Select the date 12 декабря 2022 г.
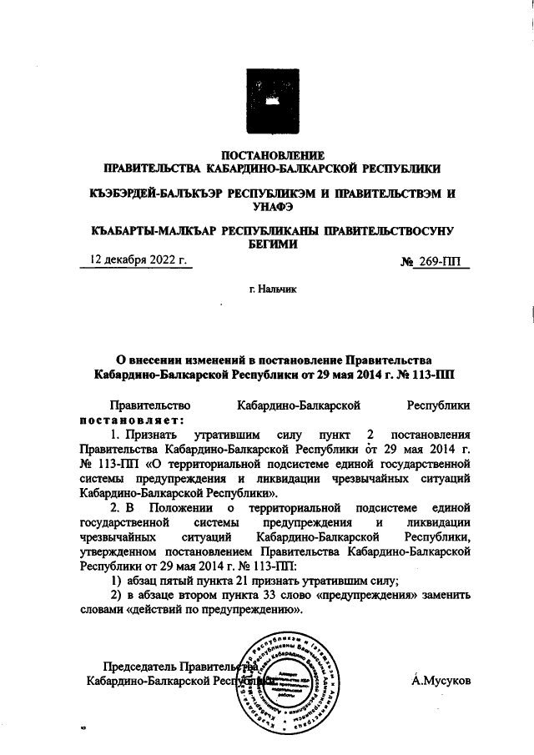point(135,259)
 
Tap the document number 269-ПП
point(441,261)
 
